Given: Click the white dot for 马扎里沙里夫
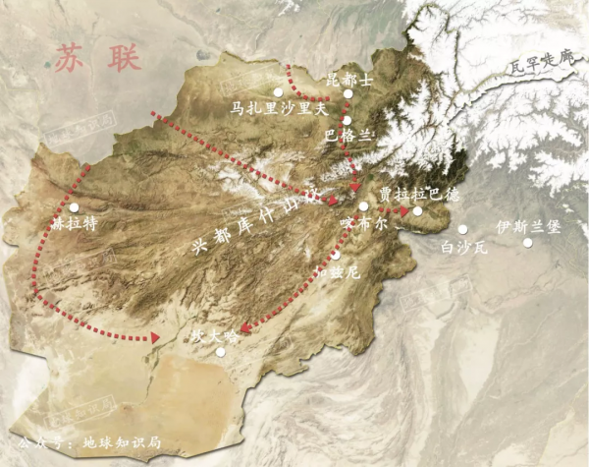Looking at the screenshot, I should (x=278, y=92).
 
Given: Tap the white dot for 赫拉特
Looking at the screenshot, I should (x=75, y=207).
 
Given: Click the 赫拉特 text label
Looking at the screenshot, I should (x=74, y=224).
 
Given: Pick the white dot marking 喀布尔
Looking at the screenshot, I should (x=363, y=207).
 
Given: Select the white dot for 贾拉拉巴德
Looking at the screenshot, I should (x=417, y=210).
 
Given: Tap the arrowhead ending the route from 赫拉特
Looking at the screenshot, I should (x=154, y=339).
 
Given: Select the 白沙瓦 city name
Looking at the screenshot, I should (x=464, y=248).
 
